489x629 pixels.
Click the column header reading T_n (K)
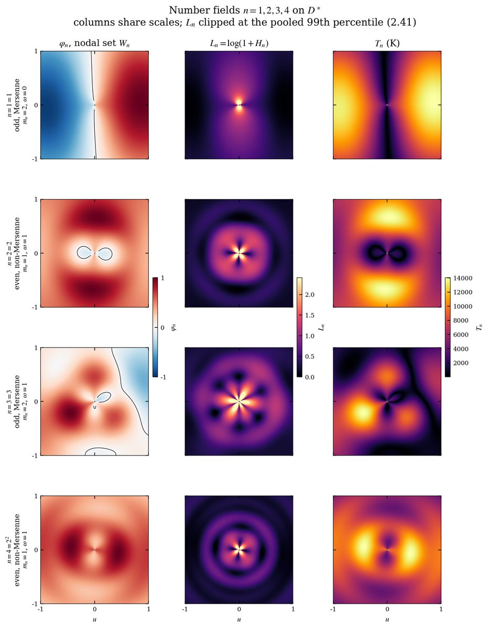pos(387,43)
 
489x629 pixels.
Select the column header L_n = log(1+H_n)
pos(239,44)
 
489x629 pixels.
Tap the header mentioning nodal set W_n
pos(94,44)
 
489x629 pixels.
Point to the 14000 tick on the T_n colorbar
pos(463,278)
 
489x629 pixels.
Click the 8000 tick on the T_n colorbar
pos(461,320)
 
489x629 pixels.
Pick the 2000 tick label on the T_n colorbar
pos(461,363)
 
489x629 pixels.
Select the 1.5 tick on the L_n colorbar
pos(310,315)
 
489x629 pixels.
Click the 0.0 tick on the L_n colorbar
pos(310,377)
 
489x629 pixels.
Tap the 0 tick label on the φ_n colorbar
pos(162,328)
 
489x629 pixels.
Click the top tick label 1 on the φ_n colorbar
pos(162,278)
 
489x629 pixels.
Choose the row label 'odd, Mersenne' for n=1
pos(17,105)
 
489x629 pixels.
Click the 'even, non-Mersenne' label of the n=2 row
pos(17,253)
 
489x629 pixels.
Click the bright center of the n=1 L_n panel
pos(239,105)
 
